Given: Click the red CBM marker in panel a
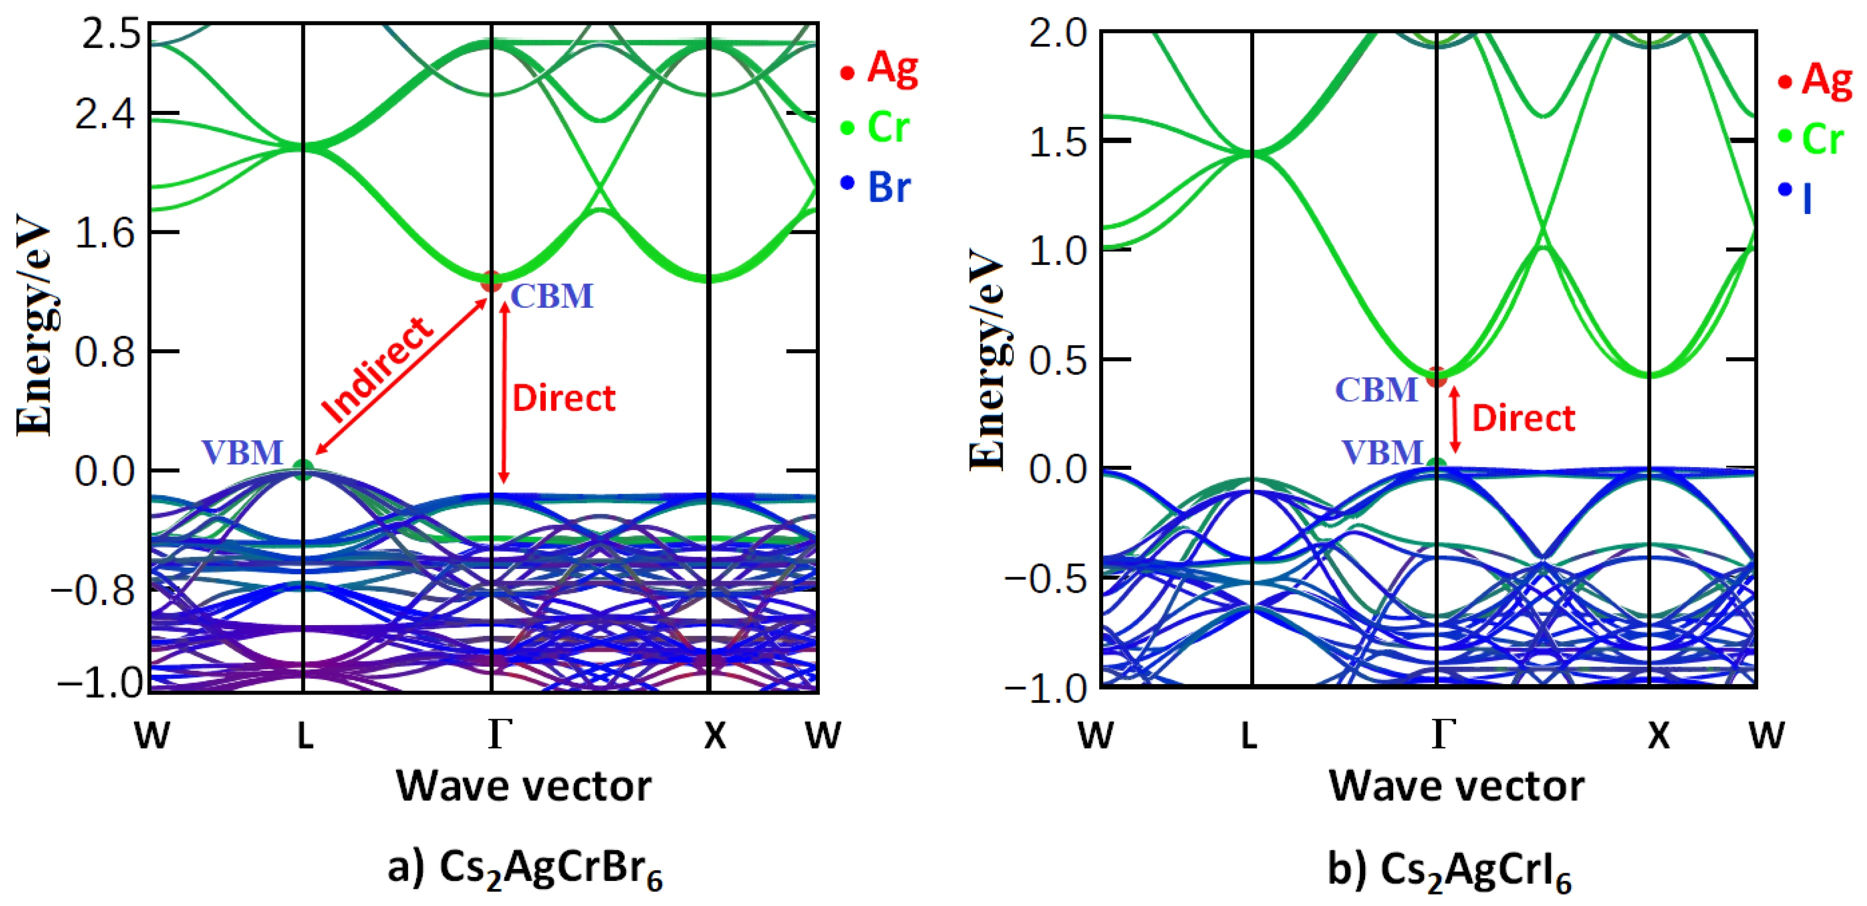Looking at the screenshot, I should pyautogui.click(x=491, y=281).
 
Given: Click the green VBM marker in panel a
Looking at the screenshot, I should pyautogui.click(x=304, y=470).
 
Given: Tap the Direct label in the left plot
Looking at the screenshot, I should pyautogui.click(x=563, y=398).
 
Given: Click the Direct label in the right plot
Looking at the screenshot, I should pyautogui.click(x=1523, y=418).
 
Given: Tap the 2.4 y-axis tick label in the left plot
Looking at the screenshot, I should pyautogui.click(x=105, y=114).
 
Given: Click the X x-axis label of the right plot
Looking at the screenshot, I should pyautogui.click(x=1658, y=735).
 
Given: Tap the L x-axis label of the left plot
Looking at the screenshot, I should pyautogui.click(x=305, y=735).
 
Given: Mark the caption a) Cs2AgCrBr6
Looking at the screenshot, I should pyautogui.click(x=525, y=868).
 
